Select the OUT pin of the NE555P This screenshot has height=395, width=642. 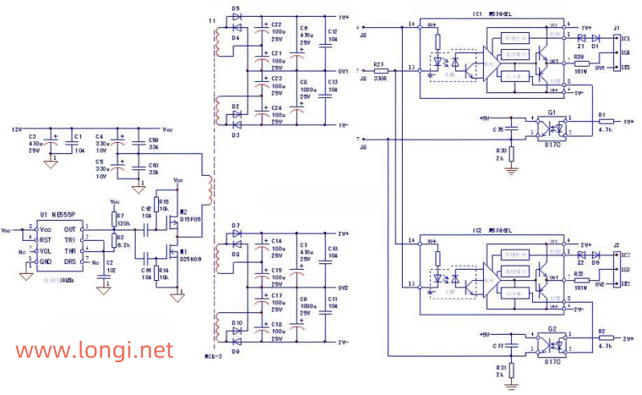[71, 229]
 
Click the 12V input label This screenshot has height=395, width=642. [16, 129]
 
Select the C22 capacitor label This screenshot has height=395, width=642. [276, 24]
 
